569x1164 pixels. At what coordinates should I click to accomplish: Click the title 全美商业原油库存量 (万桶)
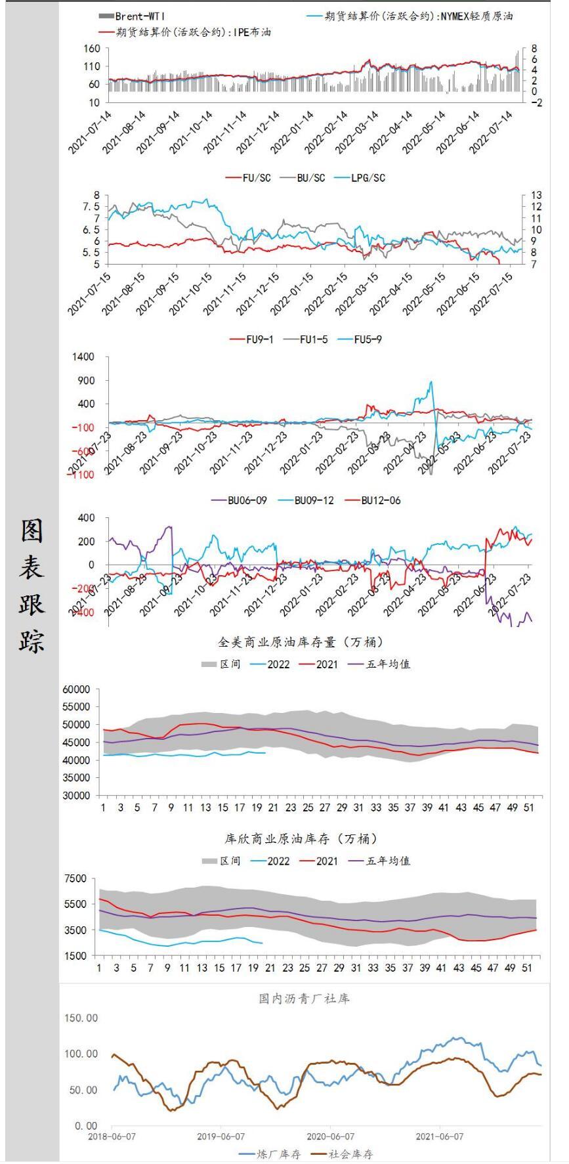click(301, 641)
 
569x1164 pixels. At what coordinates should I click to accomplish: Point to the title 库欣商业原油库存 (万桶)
click(301, 838)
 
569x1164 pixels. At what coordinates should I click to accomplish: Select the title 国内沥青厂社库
click(304, 999)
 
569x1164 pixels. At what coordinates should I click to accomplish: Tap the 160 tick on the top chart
click(92, 49)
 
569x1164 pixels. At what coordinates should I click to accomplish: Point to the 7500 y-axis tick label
click(75, 878)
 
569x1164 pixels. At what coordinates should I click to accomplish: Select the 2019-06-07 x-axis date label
click(221, 1136)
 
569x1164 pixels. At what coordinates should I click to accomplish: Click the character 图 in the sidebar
click(32, 531)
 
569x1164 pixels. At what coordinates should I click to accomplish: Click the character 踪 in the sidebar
click(32, 641)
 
